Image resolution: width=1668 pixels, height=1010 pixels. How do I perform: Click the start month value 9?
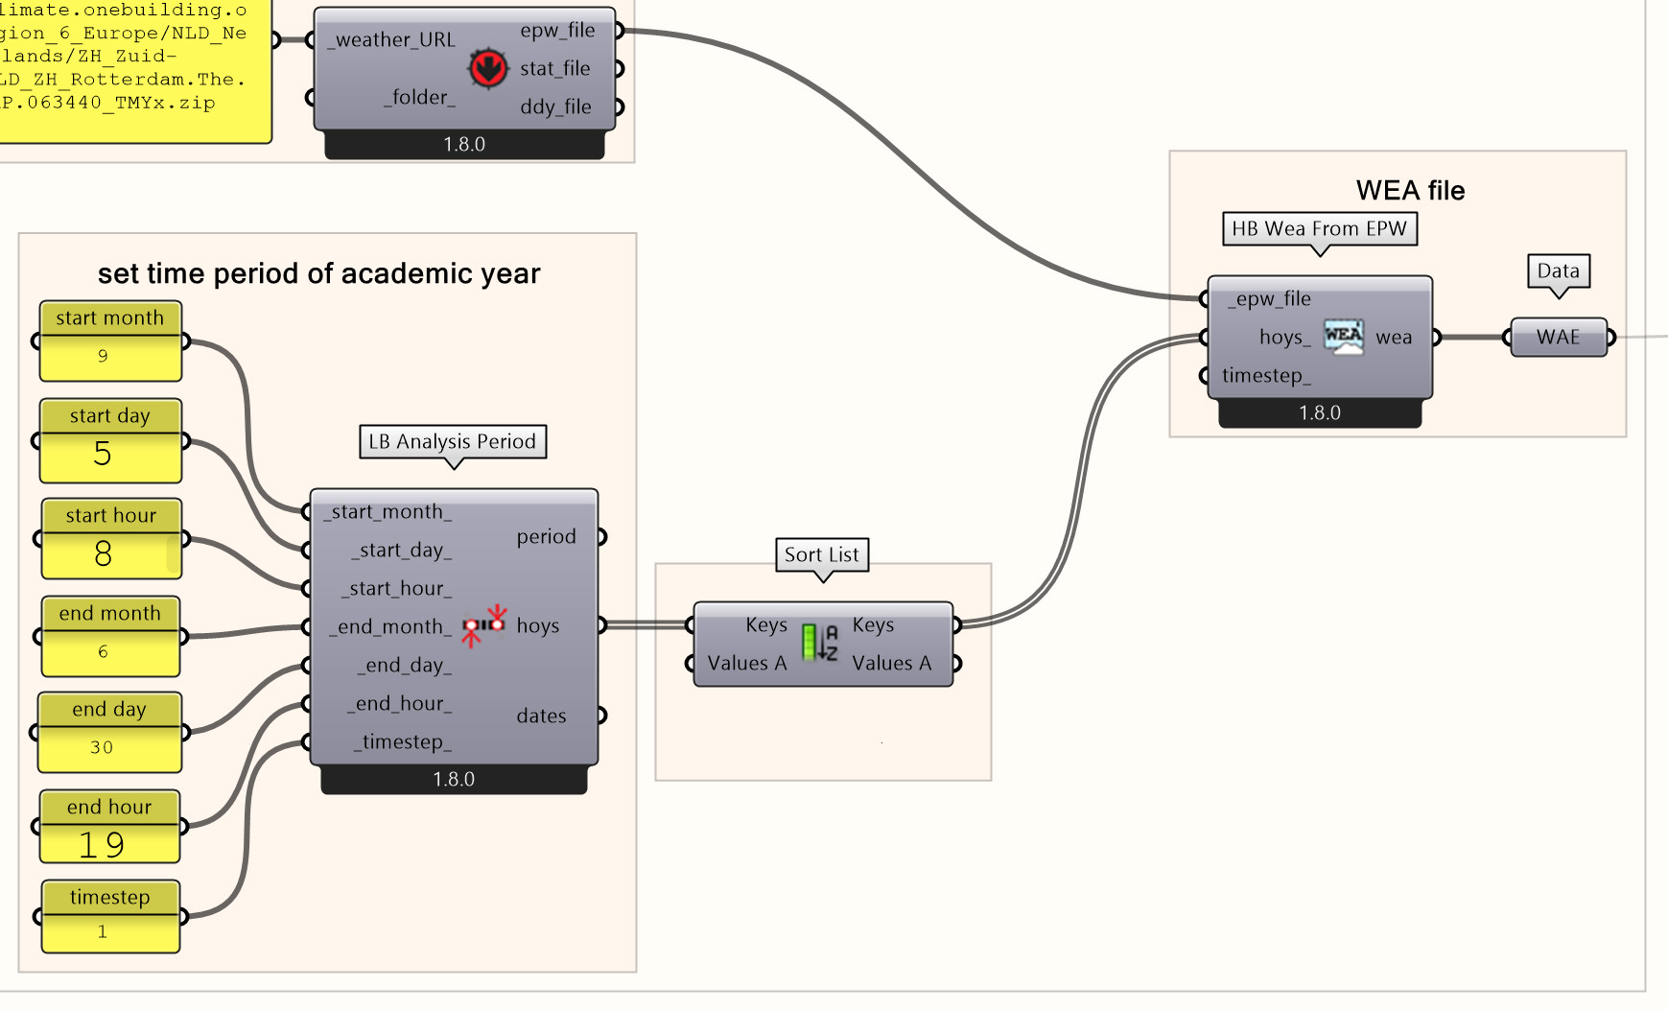(x=103, y=356)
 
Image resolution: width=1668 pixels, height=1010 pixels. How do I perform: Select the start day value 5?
(x=103, y=454)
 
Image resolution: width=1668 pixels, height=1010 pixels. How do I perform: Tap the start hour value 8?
(x=103, y=553)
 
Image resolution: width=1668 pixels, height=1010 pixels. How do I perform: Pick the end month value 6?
(x=103, y=651)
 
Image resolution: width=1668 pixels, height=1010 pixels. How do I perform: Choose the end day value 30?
(x=102, y=747)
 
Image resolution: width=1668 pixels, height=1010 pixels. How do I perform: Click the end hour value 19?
(x=102, y=845)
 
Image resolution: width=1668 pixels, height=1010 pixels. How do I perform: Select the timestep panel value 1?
(x=103, y=931)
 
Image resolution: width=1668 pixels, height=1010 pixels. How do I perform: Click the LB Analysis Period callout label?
(x=453, y=441)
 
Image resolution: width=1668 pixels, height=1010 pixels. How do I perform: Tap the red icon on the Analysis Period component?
(x=484, y=624)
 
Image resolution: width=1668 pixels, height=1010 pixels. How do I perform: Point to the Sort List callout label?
(x=822, y=554)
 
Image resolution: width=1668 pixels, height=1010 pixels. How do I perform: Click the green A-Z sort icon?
(x=819, y=643)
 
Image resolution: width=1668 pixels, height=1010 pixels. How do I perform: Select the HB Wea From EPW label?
(x=1319, y=228)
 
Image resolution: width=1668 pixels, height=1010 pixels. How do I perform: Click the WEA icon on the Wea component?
(x=1343, y=337)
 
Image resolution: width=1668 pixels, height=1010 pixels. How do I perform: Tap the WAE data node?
(x=1558, y=337)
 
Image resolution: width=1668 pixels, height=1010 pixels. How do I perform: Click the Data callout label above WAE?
(x=1558, y=270)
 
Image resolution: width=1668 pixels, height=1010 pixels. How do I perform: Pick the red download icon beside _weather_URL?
(x=487, y=68)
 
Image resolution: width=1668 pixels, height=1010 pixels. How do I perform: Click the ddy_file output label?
(x=555, y=106)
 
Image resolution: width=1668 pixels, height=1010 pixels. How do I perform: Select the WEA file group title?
(x=1410, y=190)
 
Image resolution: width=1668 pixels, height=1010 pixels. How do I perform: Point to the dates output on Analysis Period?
(x=541, y=716)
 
